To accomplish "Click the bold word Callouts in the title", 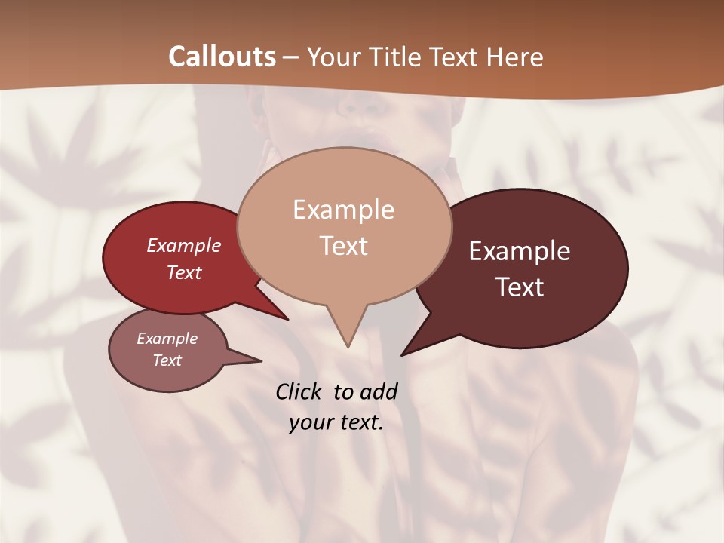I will pyautogui.click(x=222, y=57).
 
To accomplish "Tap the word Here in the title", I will pyautogui.click(x=516, y=57).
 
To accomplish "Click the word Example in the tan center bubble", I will pyautogui.click(x=343, y=209).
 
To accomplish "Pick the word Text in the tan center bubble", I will pyautogui.click(x=343, y=245).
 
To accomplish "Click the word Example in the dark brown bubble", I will pyautogui.click(x=520, y=251).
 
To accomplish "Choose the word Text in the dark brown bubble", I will pyautogui.click(x=520, y=287).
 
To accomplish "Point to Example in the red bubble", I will pyautogui.click(x=183, y=245).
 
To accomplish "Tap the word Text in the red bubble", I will pyautogui.click(x=183, y=272).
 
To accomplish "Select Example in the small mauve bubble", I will pyautogui.click(x=167, y=339).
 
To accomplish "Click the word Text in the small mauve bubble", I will pyautogui.click(x=167, y=360).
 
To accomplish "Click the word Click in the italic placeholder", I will pyautogui.click(x=299, y=391).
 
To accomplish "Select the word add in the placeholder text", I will pyautogui.click(x=378, y=391).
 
